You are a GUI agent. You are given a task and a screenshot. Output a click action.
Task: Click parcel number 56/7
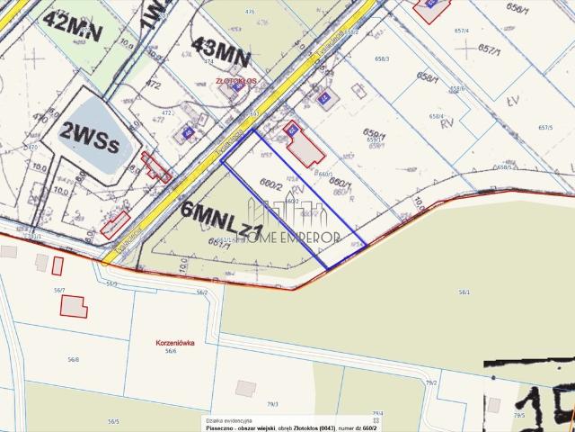click(x=59, y=290)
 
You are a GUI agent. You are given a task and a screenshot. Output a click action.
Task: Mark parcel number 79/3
click(x=272, y=404)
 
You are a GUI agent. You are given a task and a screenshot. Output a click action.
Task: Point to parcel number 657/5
click(x=544, y=128)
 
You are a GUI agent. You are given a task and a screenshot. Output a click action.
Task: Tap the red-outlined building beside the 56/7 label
click(x=74, y=305)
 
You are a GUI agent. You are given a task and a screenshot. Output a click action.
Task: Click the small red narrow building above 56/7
click(x=57, y=265)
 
